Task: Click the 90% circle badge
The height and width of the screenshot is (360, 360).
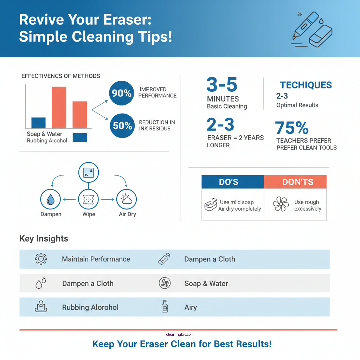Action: pyautogui.click(x=122, y=93)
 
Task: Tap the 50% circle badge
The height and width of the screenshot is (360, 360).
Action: pyautogui.click(x=122, y=126)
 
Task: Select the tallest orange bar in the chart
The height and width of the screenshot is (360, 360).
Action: pyautogui.click(x=59, y=107)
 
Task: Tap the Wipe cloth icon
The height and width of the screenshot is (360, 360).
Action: pyautogui.click(x=88, y=199)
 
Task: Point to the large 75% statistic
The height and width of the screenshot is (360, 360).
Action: pyautogui.click(x=292, y=128)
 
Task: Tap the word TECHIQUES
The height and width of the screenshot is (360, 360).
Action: pyautogui.click(x=306, y=85)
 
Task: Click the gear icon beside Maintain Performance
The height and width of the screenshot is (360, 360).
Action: pyautogui.click(x=41, y=259)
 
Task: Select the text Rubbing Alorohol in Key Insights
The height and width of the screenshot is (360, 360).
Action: pyautogui.click(x=90, y=307)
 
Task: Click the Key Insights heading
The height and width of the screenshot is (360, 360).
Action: pyautogui.click(x=44, y=239)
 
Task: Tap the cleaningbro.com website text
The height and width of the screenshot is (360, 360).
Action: pyautogui.click(x=180, y=335)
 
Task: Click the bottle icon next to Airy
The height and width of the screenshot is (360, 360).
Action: pyautogui.click(x=165, y=307)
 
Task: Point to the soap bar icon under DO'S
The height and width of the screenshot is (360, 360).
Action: pyautogui.click(x=210, y=205)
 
